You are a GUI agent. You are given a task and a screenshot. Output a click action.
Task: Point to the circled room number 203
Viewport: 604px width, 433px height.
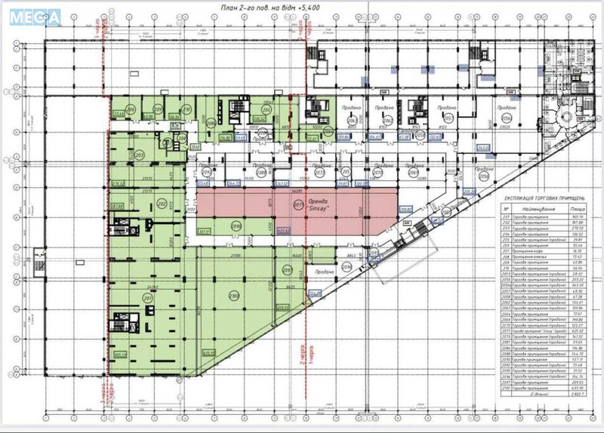tap(140, 155)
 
